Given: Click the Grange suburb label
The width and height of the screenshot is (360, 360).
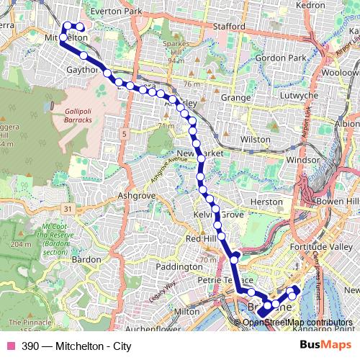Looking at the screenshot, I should pos(235,96).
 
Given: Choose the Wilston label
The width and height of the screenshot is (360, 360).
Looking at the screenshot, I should pos(255,137).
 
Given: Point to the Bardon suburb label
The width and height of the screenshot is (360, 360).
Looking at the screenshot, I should pos(86,258).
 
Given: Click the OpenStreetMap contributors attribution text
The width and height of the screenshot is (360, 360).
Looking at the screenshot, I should pos(297,323).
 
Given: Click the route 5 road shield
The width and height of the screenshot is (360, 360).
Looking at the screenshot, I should pos(124,134).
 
